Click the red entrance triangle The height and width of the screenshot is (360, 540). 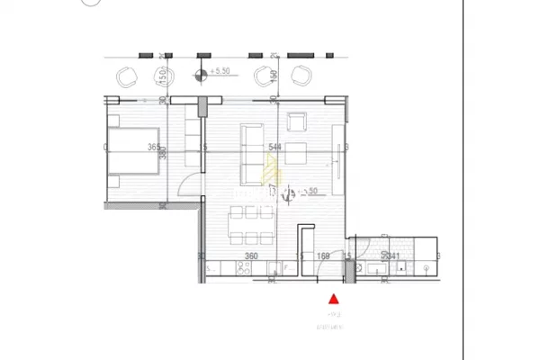click(x=333, y=299)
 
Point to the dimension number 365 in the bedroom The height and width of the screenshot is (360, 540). click(x=155, y=148)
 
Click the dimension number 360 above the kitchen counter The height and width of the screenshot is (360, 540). click(x=252, y=256)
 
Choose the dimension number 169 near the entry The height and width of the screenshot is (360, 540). click(x=324, y=256)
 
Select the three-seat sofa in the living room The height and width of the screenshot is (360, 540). click(x=251, y=149)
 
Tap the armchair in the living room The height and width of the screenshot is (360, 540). click(x=297, y=124)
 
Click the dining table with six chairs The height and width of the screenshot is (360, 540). click(x=252, y=225)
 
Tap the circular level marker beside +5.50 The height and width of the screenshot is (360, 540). click(x=202, y=74)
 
